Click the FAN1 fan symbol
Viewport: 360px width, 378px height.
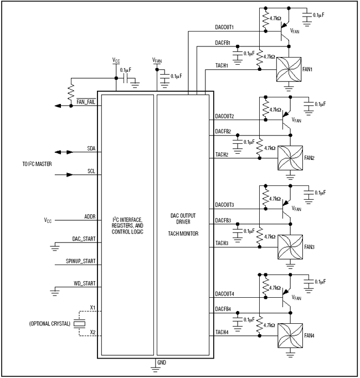[x=290, y=71]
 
